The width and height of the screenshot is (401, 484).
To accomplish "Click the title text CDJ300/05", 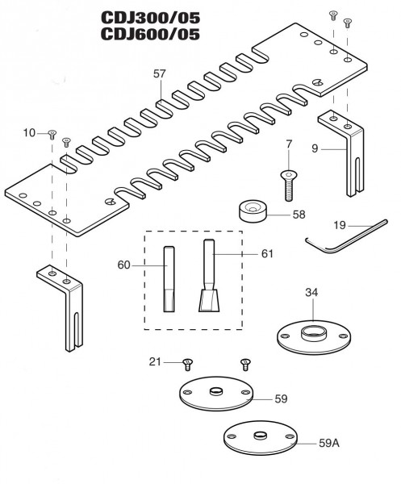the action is [150, 18].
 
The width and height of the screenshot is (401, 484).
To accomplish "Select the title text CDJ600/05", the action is [150, 34].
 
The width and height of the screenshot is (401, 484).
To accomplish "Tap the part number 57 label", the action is [159, 73].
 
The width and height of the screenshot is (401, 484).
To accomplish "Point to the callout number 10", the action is [29, 133].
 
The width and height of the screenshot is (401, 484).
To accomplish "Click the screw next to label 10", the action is [52, 135].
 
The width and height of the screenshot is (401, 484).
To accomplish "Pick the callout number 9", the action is [315, 148].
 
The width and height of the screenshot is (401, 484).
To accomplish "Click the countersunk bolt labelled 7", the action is [289, 186].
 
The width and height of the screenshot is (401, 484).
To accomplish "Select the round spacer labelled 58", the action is [253, 211].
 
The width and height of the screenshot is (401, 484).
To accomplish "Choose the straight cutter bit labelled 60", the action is [169, 279].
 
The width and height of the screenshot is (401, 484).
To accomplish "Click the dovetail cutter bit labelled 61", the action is [209, 276].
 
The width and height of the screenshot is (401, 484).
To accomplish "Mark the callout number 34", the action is [311, 292].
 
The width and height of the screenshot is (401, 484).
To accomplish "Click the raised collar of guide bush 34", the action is [313, 333].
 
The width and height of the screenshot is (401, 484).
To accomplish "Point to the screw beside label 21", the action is [188, 365].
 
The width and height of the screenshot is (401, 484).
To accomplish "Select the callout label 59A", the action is [329, 443].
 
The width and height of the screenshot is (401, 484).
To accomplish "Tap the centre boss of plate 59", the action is [216, 391].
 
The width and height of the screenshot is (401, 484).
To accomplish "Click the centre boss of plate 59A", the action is [261, 436].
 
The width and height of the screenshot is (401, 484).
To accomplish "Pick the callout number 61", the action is [267, 254].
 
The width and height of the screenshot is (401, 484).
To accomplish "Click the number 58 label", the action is [299, 215].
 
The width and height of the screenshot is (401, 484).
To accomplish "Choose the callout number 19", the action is [340, 225].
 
